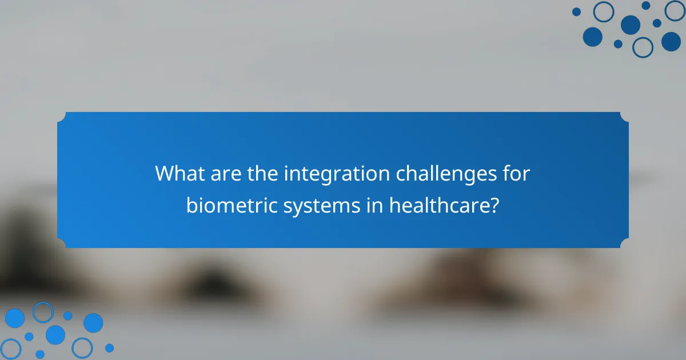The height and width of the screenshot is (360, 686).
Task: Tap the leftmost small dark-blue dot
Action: (576, 11)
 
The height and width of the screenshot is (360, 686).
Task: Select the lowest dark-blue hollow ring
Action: (643, 47)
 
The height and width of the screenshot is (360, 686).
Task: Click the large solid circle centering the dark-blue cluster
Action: (631, 25)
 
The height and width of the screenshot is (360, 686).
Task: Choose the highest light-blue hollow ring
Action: (43, 312)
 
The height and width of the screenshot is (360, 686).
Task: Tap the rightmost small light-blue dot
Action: (109, 347)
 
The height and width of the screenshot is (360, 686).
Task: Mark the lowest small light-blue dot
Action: (40, 354)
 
